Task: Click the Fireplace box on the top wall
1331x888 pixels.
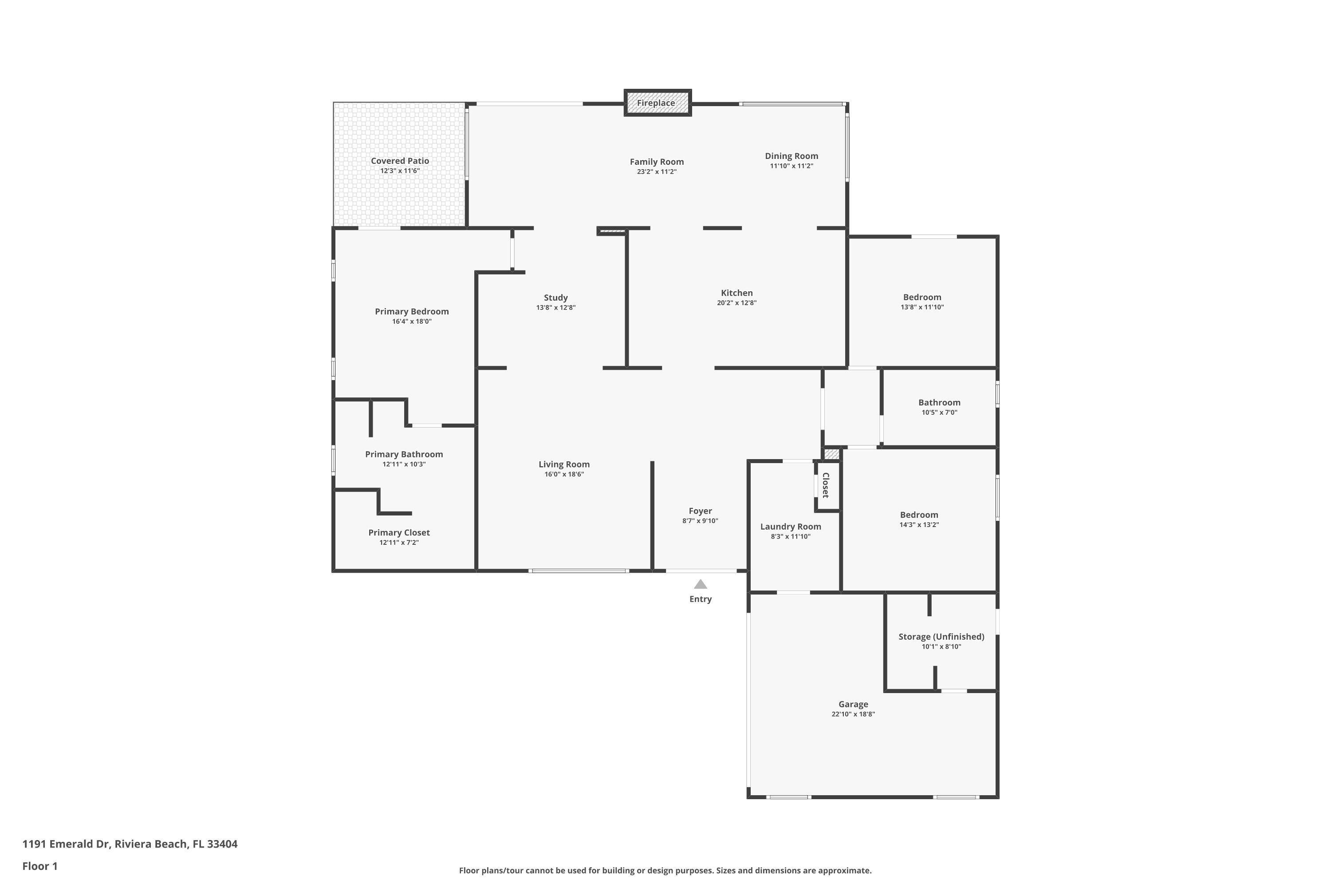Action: pyautogui.click(x=658, y=103)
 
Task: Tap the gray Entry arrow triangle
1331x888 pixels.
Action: pyautogui.click(x=700, y=584)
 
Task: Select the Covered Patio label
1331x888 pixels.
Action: pyautogui.click(x=400, y=161)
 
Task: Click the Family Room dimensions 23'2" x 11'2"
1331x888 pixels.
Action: pyautogui.click(x=657, y=171)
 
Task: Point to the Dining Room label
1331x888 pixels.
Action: pyautogui.click(x=791, y=156)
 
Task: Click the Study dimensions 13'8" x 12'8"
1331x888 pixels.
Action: pyautogui.click(x=556, y=308)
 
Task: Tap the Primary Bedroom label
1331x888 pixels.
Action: pyautogui.click(x=411, y=312)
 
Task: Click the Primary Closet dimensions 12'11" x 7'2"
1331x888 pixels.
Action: pyautogui.click(x=399, y=543)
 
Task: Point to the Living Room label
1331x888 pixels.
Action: pyautogui.click(x=563, y=464)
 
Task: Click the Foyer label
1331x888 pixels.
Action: pyautogui.click(x=700, y=511)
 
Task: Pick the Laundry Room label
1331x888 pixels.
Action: pyautogui.click(x=790, y=527)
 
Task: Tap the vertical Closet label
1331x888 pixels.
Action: pyautogui.click(x=826, y=485)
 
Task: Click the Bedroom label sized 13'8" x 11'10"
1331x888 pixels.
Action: pyautogui.click(x=922, y=297)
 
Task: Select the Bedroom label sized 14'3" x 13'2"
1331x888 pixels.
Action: pyautogui.click(x=918, y=515)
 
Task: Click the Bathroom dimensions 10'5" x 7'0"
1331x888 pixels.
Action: pyautogui.click(x=939, y=412)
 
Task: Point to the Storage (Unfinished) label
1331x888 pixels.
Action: pyautogui.click(x=941, y=637)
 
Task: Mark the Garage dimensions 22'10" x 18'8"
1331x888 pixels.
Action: pyautogui.click(x=853, y=714)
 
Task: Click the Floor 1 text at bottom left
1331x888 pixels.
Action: pyautogui.click(x=39, y=866)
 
